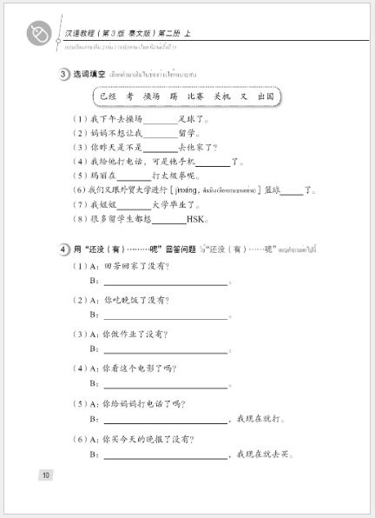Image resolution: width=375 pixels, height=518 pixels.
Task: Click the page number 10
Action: coord(47,474)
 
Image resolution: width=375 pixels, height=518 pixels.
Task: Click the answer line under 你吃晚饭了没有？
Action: coord(165,317)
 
